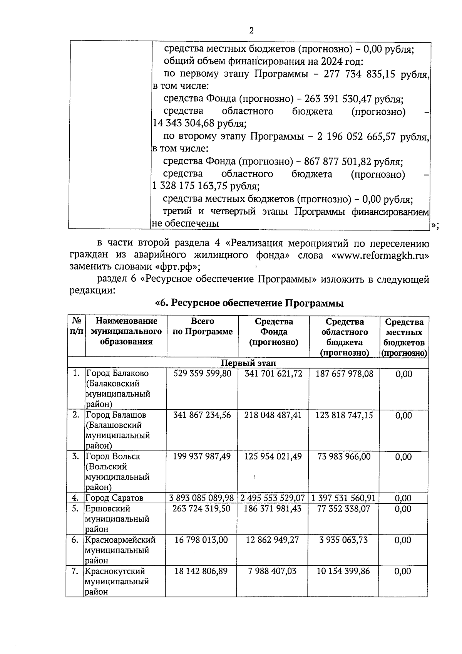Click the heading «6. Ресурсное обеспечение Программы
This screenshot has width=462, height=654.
[249, 303]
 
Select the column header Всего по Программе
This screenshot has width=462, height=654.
[203, 327]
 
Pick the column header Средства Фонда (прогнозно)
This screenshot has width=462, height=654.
[274, 332]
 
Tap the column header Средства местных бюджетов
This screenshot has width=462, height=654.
[404, 337]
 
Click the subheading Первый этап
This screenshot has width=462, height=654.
[248, 363]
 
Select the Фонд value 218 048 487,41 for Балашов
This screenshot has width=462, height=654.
[273, 415]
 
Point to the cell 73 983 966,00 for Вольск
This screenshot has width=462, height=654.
[344, 456]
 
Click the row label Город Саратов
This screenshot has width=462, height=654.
[114, 498]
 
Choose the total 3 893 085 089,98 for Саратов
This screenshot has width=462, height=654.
[202, 498]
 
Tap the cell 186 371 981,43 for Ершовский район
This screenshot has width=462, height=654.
[273, 509]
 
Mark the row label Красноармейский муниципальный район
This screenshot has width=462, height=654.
[120, 550]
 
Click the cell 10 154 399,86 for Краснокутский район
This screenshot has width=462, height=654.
[343, 571]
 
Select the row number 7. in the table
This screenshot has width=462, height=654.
[75, 571]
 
